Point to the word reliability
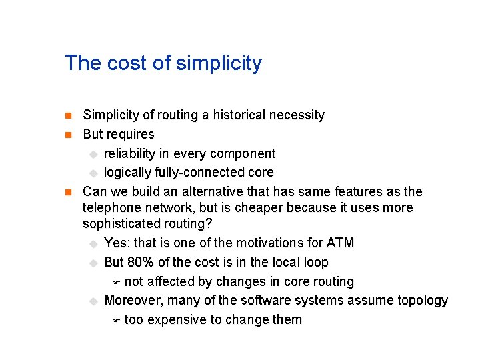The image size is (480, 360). [129, 153]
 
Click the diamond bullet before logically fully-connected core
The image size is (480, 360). [93, 173]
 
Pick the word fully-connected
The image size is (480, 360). [193, 173]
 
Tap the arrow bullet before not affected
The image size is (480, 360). [115, 282]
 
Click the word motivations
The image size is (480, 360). [271, 243]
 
